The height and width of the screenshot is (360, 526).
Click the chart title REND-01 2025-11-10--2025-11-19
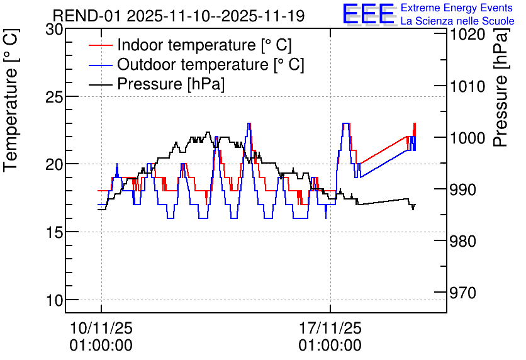179,16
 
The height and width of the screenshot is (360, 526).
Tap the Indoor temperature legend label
204,45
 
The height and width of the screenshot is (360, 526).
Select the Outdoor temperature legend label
210,64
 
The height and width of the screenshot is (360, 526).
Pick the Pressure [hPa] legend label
171,84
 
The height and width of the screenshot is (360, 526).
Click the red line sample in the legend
100,45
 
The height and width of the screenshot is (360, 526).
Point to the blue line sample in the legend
100,65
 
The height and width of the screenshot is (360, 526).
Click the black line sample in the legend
100,84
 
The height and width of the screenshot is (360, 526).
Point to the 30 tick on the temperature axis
54,30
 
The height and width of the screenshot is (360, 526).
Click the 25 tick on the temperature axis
54,97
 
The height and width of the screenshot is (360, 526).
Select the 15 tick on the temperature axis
54,232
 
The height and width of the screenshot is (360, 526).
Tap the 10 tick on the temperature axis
54,300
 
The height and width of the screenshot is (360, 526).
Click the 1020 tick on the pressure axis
467,35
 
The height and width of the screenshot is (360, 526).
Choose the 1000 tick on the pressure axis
467,138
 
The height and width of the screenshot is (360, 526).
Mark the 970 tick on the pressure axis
463,293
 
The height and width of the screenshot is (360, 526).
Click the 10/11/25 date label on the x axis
101,328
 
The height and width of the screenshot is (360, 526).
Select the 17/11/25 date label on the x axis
330,328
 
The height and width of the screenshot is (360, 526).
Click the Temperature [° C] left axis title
11,100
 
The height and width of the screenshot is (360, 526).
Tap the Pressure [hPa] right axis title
501,87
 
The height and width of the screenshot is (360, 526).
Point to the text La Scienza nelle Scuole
457,21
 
